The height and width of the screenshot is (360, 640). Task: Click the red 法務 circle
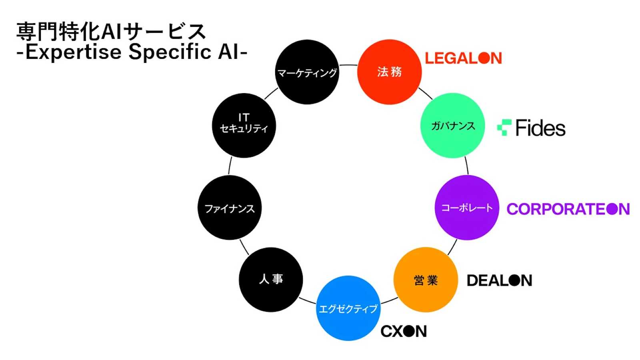(x=389, y=72)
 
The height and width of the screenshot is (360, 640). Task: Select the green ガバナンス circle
(x=452, y=126)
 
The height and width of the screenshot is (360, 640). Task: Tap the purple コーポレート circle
(x=467, y=208)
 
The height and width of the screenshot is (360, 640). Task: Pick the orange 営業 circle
(x=426, y=280)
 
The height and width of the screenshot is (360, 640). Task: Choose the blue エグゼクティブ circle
(x=348, y=308)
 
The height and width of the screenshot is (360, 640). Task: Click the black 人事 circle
(x=271, y=279)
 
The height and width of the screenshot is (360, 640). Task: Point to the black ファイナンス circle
(x=230, y=208)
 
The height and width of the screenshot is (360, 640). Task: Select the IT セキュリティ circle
(x=244, y=126)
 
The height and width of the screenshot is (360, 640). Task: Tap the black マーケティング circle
(x=307, y=72)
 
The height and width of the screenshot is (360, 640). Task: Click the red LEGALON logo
(x=463, y=58)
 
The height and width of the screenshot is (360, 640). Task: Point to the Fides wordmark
(x=540, y=128)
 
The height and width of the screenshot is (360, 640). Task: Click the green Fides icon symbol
(x=504, y=127)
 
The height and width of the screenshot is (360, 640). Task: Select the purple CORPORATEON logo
(x=568, y=209)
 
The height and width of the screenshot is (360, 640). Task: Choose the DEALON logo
(x=499, y=280)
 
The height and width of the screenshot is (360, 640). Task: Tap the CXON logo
(x=404, y=331)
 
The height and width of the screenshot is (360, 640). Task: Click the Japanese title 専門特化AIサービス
(x=111, y=32)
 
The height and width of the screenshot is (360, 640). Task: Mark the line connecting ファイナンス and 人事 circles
(x=244, y=247)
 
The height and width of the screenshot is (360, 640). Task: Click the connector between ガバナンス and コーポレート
(x=466, y=165)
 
